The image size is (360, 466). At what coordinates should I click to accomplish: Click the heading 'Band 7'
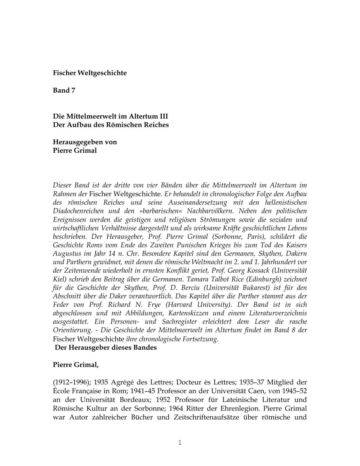click(64, 90)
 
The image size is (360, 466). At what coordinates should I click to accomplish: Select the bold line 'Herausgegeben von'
click(85, 142)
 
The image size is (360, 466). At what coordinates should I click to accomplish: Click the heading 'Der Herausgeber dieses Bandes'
click(106, 348)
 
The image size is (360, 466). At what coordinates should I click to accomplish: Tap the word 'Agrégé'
click(123, 382)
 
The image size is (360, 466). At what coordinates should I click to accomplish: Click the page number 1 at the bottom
click(180, 443)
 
